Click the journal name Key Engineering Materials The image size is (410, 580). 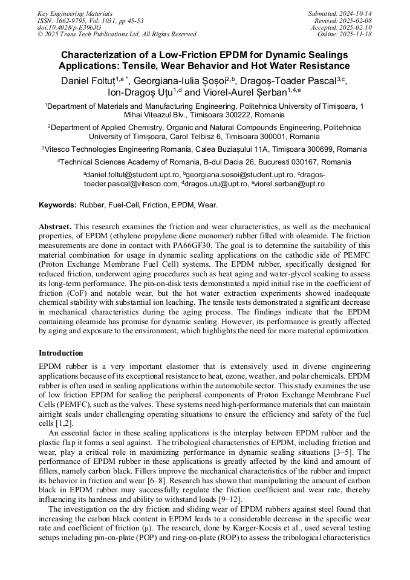tap(74, 13)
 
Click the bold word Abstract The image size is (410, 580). tap(55, 226)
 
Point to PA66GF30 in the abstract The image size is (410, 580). tap(204, 245)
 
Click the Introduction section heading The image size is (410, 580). tap(61, 353)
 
